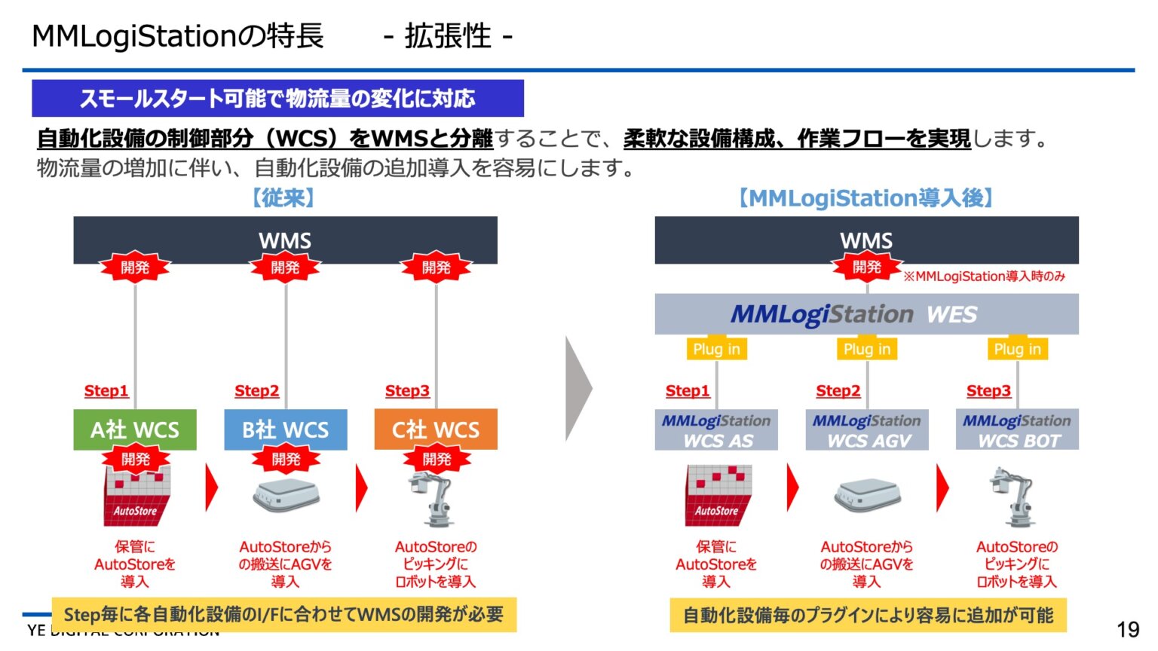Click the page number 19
point(1127,629)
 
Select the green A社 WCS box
point(135,429)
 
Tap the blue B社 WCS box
point(286,429)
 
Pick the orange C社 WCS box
point(436,429)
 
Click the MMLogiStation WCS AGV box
point(867,430)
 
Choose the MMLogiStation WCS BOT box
point(1017,430)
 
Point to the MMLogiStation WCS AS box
point(716,430)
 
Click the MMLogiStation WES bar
point(866,314)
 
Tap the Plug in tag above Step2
point(867,349)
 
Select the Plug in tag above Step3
point(1017,349)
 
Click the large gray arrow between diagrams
point(578,389)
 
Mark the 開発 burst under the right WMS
point(866,267)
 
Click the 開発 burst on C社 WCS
point(437,459)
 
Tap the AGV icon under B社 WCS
point(286,496)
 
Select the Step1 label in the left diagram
point(106,390)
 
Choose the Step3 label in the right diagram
point(988,390)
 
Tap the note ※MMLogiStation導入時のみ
point(984,277)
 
